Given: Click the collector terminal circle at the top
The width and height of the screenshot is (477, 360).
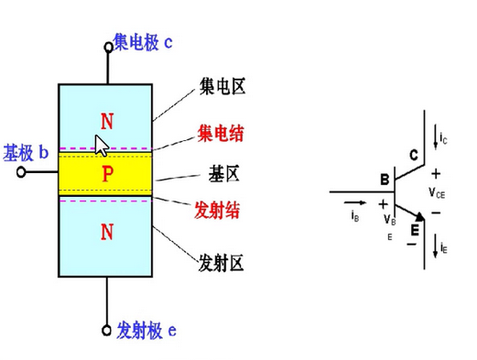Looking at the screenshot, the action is coord(108,48).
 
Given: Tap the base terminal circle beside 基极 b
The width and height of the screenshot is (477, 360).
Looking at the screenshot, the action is coord(21,172).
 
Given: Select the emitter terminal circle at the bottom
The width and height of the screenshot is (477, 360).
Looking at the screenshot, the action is coord(106,331).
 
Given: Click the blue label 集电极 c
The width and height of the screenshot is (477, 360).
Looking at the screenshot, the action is coord(143,42).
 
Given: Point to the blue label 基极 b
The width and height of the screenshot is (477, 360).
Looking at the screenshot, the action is coord(26,153).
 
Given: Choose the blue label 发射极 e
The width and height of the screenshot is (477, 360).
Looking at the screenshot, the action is coord(146,330).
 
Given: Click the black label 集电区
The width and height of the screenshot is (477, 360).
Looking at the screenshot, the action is coord(222,86).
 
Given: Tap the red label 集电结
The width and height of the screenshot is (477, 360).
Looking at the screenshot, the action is coord(221,134).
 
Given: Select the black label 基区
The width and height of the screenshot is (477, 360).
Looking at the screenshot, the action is coord(224,174).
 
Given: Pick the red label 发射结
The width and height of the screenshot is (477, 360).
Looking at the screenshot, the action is coord(217,210).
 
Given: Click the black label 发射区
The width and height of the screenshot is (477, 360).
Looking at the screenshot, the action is coord(221,263).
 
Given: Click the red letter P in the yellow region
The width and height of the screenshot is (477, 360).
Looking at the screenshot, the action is coord(107,174).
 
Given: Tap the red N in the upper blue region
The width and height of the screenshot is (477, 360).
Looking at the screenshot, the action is coord(107,121).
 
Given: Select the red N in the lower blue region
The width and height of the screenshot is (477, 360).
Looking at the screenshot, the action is coord(107,232).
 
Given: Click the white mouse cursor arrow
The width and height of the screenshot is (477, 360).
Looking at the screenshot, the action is coord(102,146).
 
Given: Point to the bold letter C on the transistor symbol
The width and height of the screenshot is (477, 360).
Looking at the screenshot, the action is coord(414,155).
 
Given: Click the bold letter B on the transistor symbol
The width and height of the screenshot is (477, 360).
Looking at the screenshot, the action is coord(385,180).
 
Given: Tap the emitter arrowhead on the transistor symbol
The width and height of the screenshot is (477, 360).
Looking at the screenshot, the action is coord(420,216).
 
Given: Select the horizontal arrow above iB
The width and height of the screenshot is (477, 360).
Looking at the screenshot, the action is coord(354,202).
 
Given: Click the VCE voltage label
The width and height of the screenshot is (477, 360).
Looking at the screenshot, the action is coord(437,193).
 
